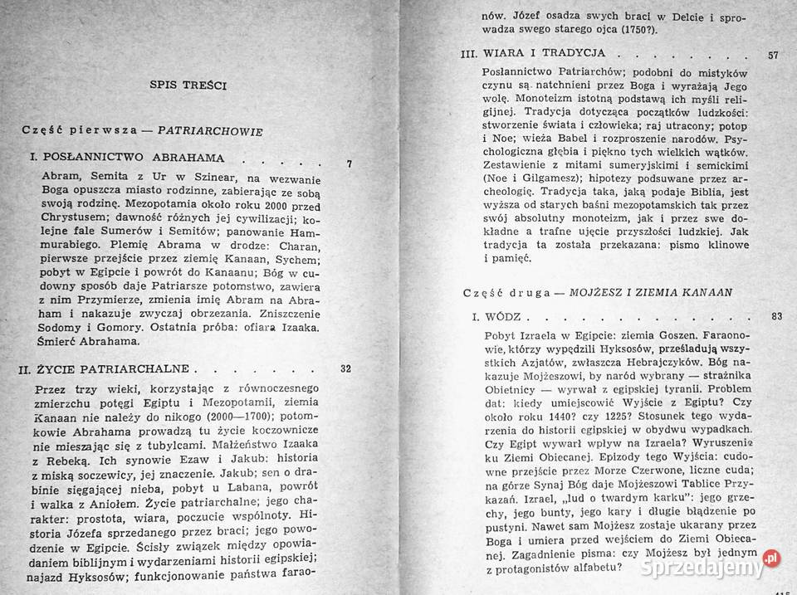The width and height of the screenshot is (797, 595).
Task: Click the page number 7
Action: click(349, 163)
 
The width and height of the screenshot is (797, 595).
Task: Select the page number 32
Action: click(346, 368)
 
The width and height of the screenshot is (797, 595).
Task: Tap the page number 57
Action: click(772, 56)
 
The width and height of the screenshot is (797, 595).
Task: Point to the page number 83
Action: click(776, 315)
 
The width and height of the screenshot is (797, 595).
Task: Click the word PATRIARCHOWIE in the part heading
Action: click(210, 131)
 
